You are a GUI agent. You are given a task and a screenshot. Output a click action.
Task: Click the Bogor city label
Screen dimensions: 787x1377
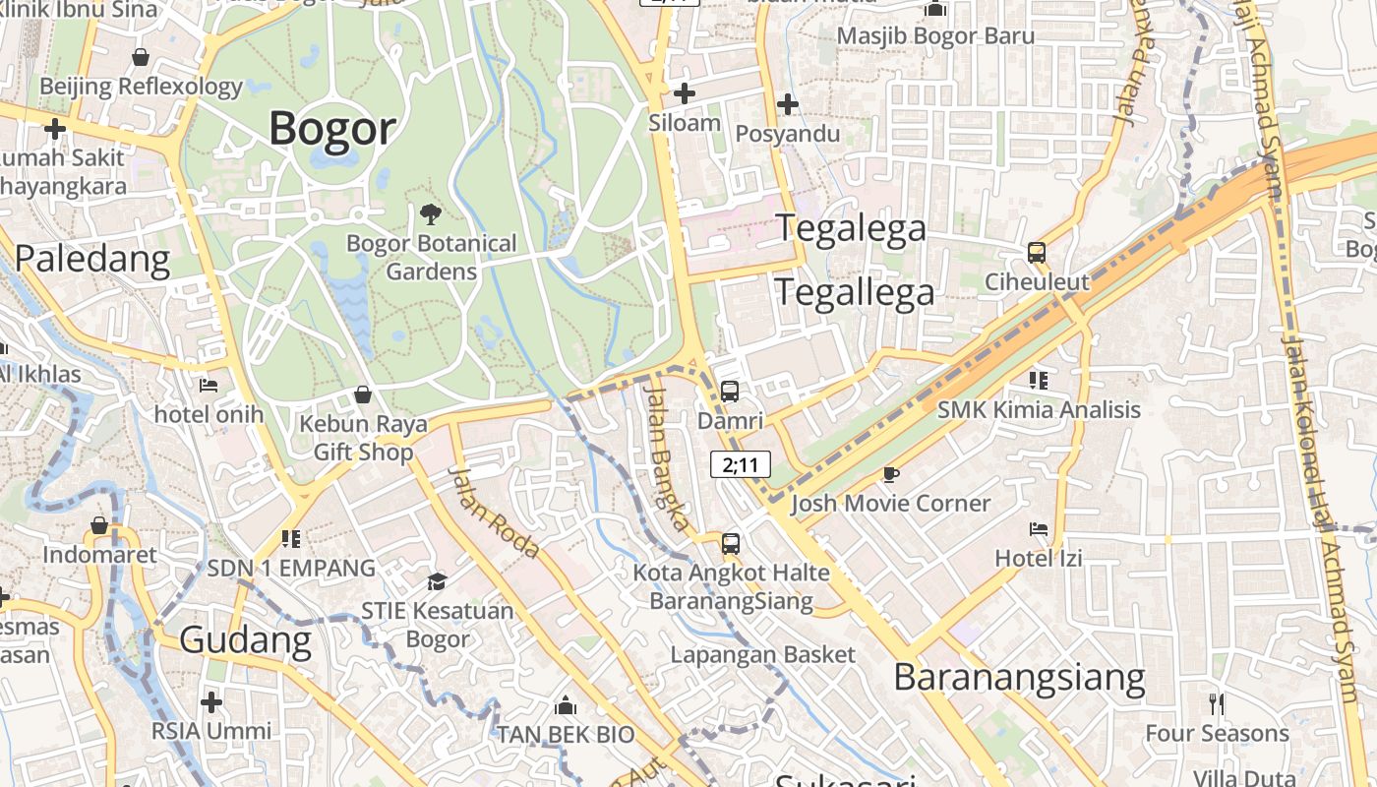[332, 129]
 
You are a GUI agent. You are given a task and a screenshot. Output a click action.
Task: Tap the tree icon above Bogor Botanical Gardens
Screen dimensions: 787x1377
[430, 213]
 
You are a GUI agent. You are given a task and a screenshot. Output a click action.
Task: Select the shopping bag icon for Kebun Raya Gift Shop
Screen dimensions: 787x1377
[363, 394]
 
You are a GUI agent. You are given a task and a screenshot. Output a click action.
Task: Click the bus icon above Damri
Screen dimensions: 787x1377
[729, 391]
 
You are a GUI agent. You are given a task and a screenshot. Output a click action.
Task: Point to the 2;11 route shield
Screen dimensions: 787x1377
[740, 464]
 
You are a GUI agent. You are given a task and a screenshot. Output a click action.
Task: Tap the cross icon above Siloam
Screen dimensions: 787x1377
[685, 93]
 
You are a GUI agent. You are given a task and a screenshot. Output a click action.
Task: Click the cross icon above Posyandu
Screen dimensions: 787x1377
[787, 103]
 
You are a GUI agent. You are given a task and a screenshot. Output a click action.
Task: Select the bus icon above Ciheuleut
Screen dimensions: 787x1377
[1037, 253]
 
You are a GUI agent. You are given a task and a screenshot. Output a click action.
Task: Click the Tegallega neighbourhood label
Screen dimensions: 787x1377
[855, 292]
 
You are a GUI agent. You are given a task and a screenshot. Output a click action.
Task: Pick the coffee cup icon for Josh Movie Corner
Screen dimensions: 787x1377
[891, 474]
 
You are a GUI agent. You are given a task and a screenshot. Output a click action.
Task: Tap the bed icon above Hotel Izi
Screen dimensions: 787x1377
[1039, 529]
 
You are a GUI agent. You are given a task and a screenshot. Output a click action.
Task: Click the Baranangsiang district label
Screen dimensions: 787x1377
[1019, 678]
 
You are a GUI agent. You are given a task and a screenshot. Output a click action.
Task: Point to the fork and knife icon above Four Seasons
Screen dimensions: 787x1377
[1217, 703]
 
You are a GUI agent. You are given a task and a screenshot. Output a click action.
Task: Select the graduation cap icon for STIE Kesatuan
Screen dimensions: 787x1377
[437, 581]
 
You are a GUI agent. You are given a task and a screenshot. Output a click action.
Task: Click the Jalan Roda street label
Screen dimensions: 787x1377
[494, 512]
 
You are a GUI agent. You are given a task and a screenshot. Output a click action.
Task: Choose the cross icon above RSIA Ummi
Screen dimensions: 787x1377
[210, 702]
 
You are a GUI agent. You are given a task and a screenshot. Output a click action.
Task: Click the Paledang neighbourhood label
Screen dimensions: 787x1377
[92, 259]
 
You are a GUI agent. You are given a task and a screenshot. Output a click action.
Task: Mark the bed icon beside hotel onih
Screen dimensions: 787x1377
[209, 385]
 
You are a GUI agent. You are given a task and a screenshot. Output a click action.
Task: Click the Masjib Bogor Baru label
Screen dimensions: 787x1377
[935, 36]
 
